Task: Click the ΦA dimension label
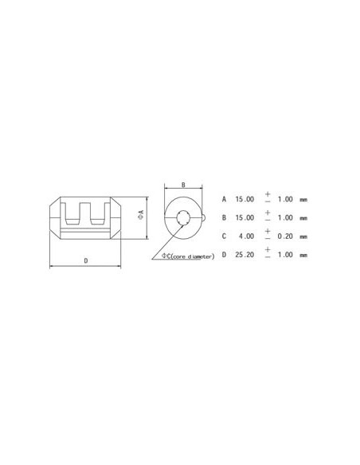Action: coord(141,215)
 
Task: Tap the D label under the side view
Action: coord(85,260)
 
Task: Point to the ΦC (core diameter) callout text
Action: coord(188,256)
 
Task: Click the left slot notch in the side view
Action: coord(72,213)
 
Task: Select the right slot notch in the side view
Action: coord(99,213)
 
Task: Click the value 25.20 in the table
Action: coord(245,255)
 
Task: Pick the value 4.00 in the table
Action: coord(248,236)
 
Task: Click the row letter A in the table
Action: coord(225,197)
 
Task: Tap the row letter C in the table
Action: coord(225,236)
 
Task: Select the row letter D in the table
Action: coord(225,255)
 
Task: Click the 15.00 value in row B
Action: coord(245,217)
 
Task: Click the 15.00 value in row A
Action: coord(245,197)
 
